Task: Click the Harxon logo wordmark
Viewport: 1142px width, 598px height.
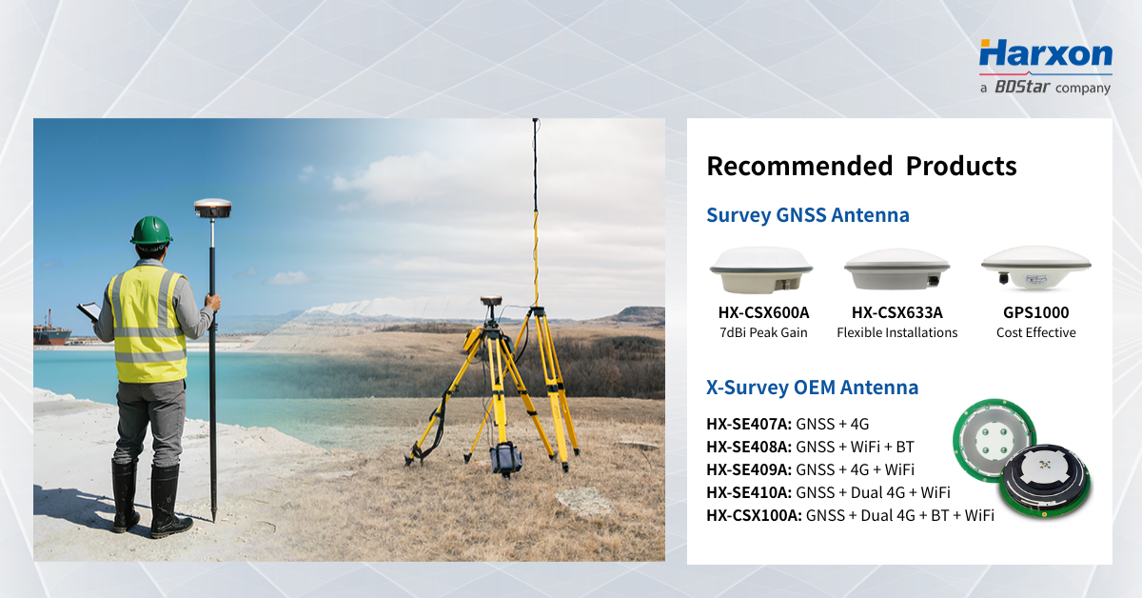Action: click(x=1045, y=55)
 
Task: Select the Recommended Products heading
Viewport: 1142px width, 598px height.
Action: click(x=861, y=166)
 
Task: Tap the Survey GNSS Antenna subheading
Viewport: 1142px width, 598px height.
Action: click(x=807, y=215)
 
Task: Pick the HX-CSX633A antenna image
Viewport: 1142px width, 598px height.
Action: click(x=896, y=269)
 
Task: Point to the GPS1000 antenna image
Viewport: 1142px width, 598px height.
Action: click(x=1035, y=268)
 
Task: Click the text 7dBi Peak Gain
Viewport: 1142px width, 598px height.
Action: click(x=763, y=332)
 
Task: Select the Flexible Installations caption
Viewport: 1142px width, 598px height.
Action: click(x=896, y=332)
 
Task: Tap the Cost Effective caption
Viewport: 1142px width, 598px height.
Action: click(x=1035, y=332)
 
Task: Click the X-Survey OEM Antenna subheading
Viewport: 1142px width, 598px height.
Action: click(x=812, y=388)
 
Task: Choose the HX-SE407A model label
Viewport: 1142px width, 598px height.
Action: click(x=748, y=424)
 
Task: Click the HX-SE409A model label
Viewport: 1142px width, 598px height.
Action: click(x=748, y=469)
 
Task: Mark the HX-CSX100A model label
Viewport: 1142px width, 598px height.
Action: click(x=753, y=515)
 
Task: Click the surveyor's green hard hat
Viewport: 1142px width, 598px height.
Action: click(x=151, y=230)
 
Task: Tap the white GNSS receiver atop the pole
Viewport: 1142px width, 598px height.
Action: click(x=212, y=207)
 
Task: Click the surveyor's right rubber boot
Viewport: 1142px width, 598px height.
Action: click(x=167, y=499)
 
